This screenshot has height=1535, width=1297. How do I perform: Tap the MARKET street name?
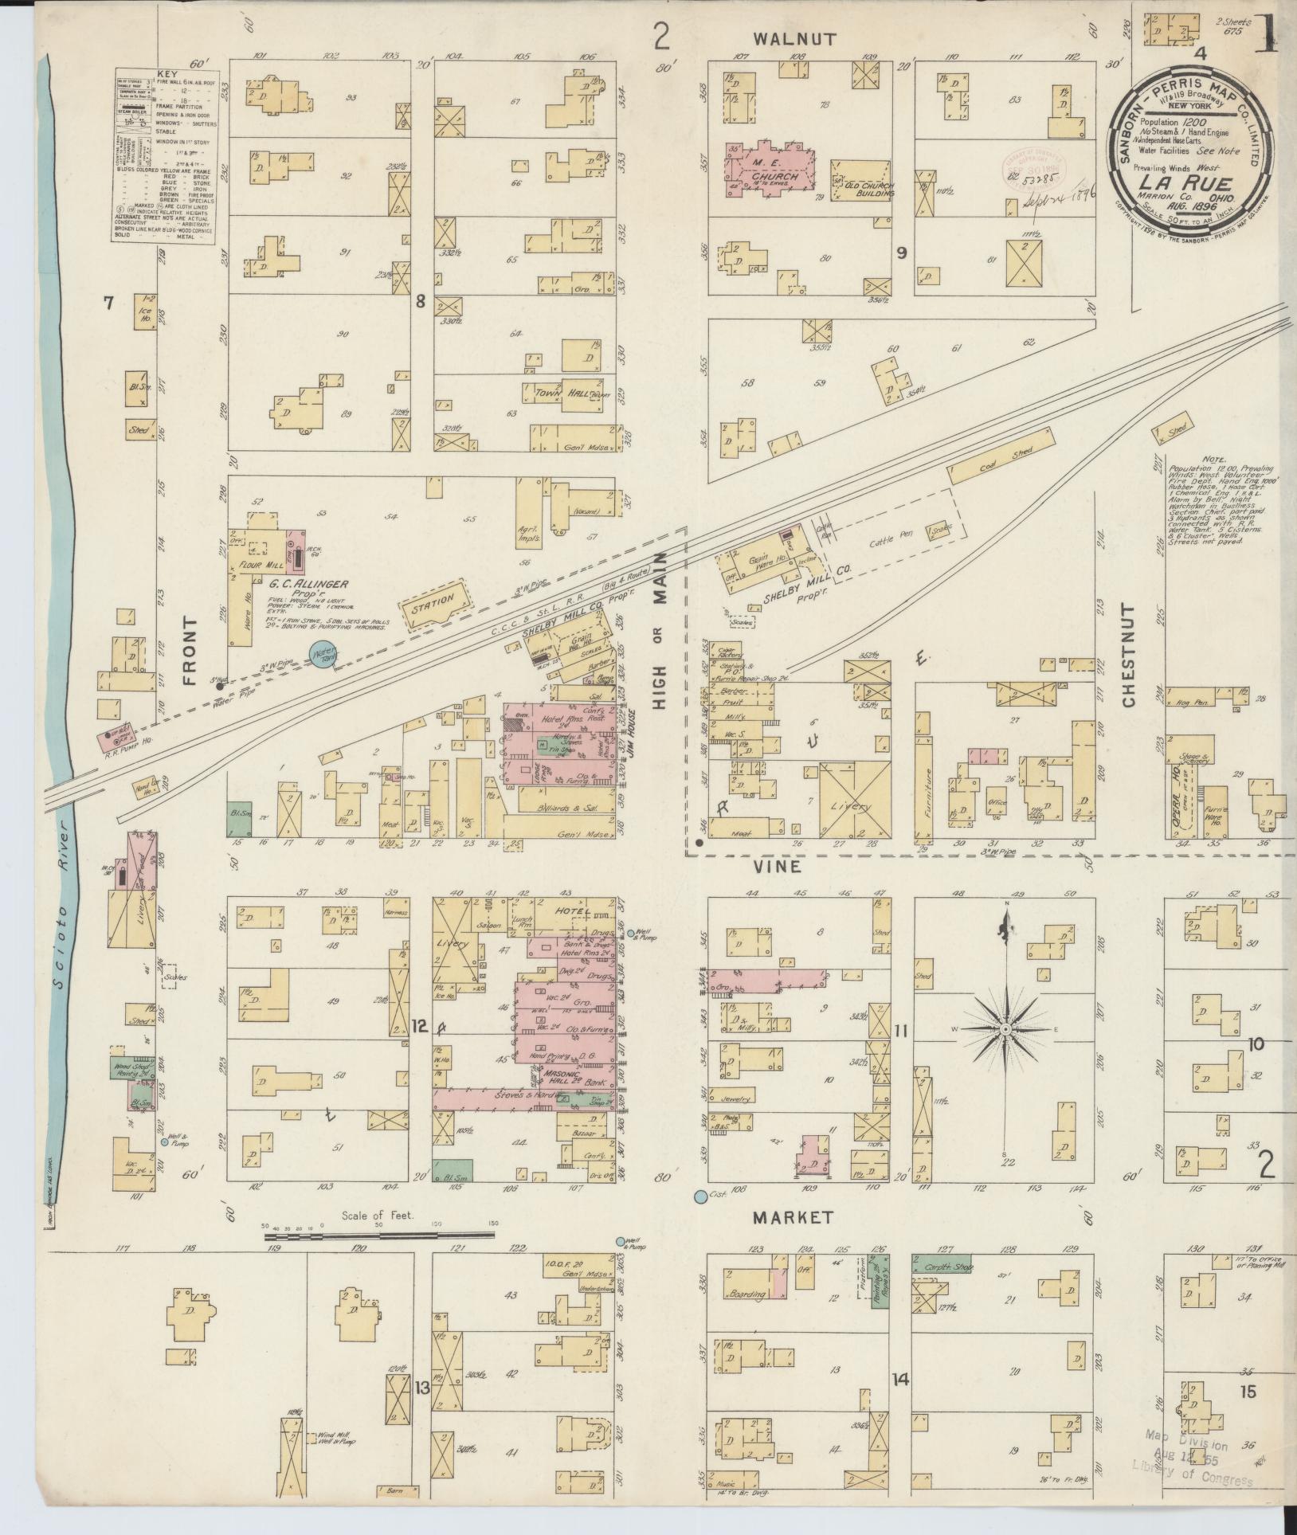[x=793, y=1217]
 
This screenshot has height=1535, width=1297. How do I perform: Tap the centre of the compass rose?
[x=1006, y=1030]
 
